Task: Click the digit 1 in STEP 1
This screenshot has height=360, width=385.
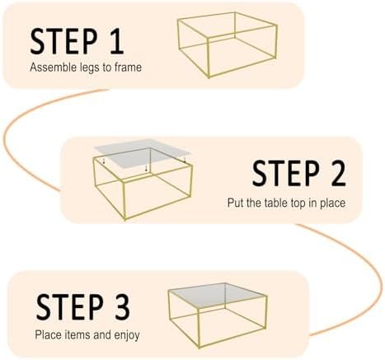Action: pos(116,41)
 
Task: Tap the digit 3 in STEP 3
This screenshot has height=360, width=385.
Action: pos(120,306)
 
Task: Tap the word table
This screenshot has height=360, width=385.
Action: pos(276,203)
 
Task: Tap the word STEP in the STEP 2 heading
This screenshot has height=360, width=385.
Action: pos(286,173)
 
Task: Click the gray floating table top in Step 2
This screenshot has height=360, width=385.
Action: pos(143,153)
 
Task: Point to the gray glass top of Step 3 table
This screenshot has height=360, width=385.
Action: pos(217,295)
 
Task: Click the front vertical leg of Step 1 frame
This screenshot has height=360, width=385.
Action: pos(209,58)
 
